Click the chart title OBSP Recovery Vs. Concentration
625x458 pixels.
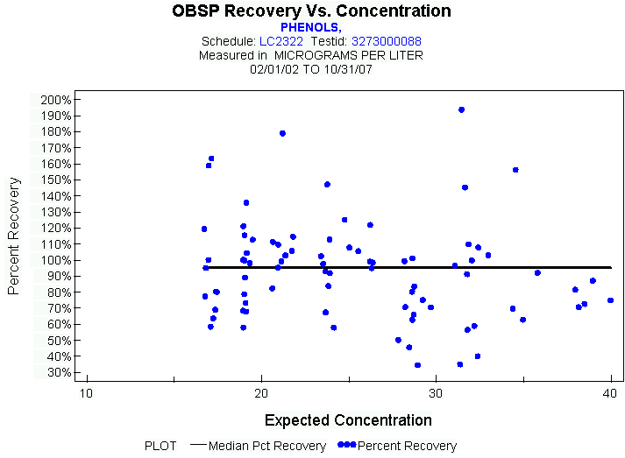(312, 11)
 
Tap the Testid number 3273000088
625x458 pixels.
(387, 41)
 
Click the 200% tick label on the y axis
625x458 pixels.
(55, 100)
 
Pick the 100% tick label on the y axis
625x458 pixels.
(55, 260)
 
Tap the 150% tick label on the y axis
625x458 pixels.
(55, 180)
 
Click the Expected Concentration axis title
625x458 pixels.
(348, 420)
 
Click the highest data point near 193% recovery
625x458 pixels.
(461, 110)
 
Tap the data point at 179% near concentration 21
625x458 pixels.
(282, 133)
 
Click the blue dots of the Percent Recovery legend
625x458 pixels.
(346, 446)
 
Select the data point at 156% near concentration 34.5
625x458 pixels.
(515, 170)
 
